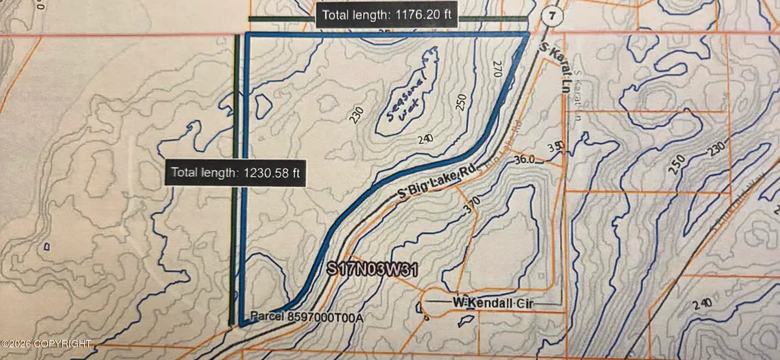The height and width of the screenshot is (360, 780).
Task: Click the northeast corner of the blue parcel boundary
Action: pos(526,34)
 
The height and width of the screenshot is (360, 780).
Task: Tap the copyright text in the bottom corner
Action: pos(47,342)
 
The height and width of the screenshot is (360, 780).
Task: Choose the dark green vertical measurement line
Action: pos(234,97)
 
